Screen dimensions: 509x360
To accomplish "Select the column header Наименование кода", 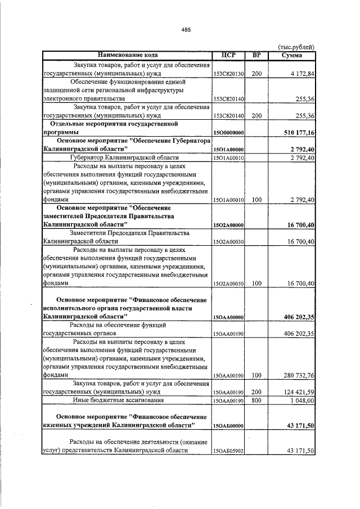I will [x=127, y=55].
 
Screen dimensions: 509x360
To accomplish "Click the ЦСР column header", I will [x=228, y=55].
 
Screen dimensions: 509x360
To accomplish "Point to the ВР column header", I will [x=256, y=55].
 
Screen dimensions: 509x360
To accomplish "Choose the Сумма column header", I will [x=292, y=55].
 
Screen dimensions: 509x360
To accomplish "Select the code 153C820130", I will [x=228, y=74].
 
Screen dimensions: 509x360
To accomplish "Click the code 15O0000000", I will [x=228, y=132].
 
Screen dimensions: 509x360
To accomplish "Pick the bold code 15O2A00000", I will [x=228, y=225].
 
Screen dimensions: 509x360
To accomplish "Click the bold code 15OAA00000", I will [x=228, y=318].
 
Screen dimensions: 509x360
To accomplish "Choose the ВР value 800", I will [x=256, y=400].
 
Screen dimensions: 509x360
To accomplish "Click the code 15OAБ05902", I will [x=228, y=452].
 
